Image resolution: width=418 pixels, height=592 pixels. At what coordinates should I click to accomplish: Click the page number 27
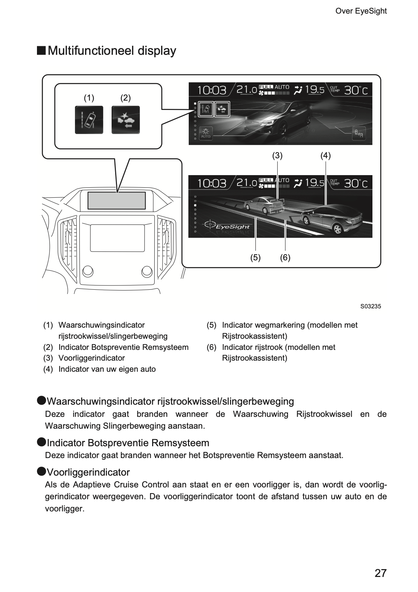point(380,573)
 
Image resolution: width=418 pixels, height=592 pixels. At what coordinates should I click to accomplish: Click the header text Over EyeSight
point(361,11)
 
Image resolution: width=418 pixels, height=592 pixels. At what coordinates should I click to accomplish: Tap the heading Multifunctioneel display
point(112,50)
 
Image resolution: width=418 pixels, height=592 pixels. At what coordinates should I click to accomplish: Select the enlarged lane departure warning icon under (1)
point(89,120)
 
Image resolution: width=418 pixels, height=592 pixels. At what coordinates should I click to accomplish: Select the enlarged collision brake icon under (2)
point(126,120)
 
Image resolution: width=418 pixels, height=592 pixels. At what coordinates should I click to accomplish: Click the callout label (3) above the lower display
point(277,155)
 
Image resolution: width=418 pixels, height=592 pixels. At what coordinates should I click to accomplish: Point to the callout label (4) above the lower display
point(325,155)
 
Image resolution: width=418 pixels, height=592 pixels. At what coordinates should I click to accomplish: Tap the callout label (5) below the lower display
point(255,258)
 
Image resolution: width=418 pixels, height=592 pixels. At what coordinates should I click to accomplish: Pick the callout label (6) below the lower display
point(285,258)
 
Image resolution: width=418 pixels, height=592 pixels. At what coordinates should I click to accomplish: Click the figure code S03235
point(371,307)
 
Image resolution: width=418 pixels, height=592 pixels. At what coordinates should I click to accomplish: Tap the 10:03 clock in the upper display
point(212,90)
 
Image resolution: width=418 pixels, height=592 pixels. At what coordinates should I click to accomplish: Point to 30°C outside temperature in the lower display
point(356,183)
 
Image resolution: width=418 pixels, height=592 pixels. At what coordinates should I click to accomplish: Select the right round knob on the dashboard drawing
point(147,271)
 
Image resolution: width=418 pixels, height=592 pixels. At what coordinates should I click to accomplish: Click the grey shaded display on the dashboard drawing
point(117,200)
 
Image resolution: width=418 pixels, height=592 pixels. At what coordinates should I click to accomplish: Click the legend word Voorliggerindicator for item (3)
point(91,358)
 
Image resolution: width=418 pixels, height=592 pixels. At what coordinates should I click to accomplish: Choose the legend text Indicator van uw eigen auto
point(107,369)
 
